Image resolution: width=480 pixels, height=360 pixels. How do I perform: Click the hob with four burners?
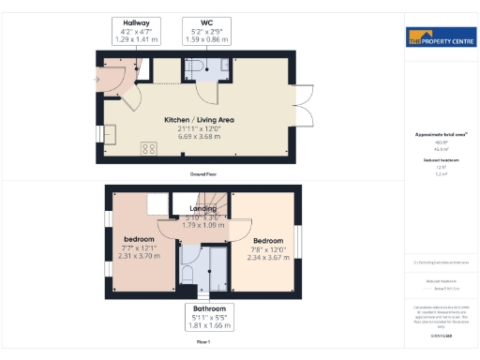pos(148,148)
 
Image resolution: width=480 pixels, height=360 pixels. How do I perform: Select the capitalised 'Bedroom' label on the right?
pos(267,240)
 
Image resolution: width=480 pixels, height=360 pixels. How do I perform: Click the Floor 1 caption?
pos(202,343)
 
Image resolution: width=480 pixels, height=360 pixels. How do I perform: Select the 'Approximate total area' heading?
pos(440,136)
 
